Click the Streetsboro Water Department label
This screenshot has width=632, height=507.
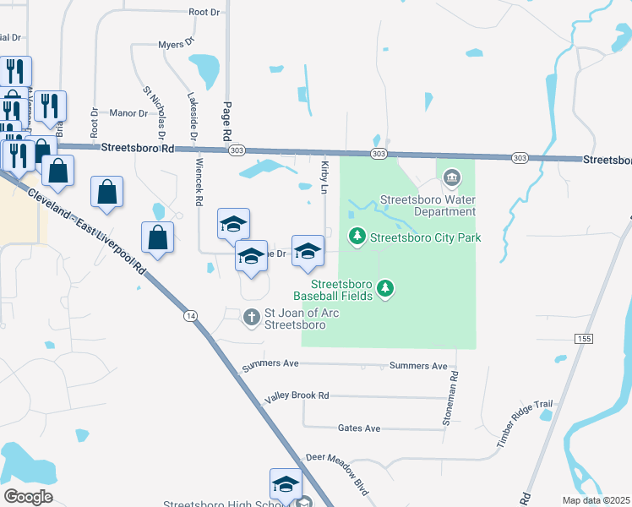[x=428, y=206]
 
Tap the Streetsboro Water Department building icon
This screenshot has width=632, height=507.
[x=451, y=177]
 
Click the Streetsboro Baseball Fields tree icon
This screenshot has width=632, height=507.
[x=386, y=289]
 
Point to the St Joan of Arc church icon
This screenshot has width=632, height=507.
[x=251, y=318]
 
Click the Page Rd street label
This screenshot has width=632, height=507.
[x=226, y=121]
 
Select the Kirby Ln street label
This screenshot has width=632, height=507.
[x=324, y=174]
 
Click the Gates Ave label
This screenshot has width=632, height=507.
[x=359, y=428]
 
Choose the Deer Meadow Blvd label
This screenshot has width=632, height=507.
[x=338, y=469]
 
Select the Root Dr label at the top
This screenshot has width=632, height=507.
[x=204, y=13]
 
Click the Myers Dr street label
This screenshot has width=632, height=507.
[x=177, y=43]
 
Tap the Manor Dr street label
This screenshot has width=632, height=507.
[x=128, y=112]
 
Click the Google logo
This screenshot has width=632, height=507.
[x=28, y=496]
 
